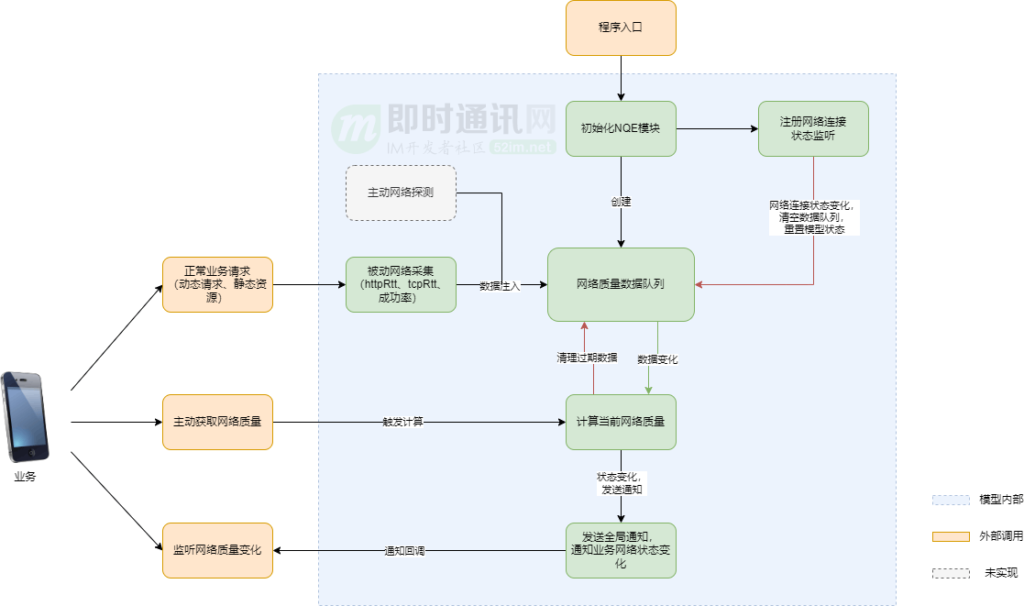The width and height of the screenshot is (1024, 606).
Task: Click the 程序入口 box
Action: (x=621, y=28)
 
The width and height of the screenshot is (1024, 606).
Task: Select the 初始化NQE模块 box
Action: (x=621, y=128)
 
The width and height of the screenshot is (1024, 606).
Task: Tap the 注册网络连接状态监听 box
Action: (x=813, y=128)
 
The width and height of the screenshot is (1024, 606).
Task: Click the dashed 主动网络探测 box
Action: (x=401, y=193)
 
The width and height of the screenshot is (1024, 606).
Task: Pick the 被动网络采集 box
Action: (x=401, y=284)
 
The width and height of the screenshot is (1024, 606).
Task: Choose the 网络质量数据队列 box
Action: (x=621, y=284)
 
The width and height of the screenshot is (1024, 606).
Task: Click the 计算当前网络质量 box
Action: (x=621, y=422)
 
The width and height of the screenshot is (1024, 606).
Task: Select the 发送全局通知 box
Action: (x=621, y=550)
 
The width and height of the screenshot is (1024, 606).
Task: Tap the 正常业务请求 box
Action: (x=217, y=284)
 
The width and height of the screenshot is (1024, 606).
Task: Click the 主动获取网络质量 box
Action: (x=217, y=422)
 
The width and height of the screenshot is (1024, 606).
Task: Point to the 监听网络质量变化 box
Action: (x=217, y=550)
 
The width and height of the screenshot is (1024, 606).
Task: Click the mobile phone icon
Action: (x=25, y=416)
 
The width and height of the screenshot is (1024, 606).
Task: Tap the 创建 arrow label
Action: (x=621, y=202)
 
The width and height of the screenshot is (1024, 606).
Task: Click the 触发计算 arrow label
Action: (x=402, y=422)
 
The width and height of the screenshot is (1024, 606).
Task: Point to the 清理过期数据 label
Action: (x=587, y=357)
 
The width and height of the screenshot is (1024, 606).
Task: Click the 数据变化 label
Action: (x=657, y=359)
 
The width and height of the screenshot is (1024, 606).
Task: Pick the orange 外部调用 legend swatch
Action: (x=951, y=536)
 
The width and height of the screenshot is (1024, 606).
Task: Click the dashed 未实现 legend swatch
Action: (x=951, y=573)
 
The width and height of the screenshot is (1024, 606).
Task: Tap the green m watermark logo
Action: (x=355, y=131)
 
